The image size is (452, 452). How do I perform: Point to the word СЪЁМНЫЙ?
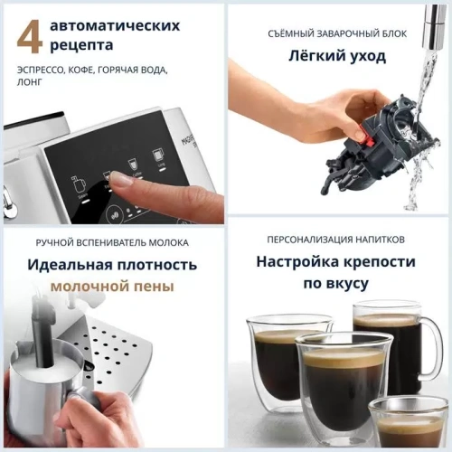pos(295,33)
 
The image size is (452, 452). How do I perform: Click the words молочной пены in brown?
pos(112,287)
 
